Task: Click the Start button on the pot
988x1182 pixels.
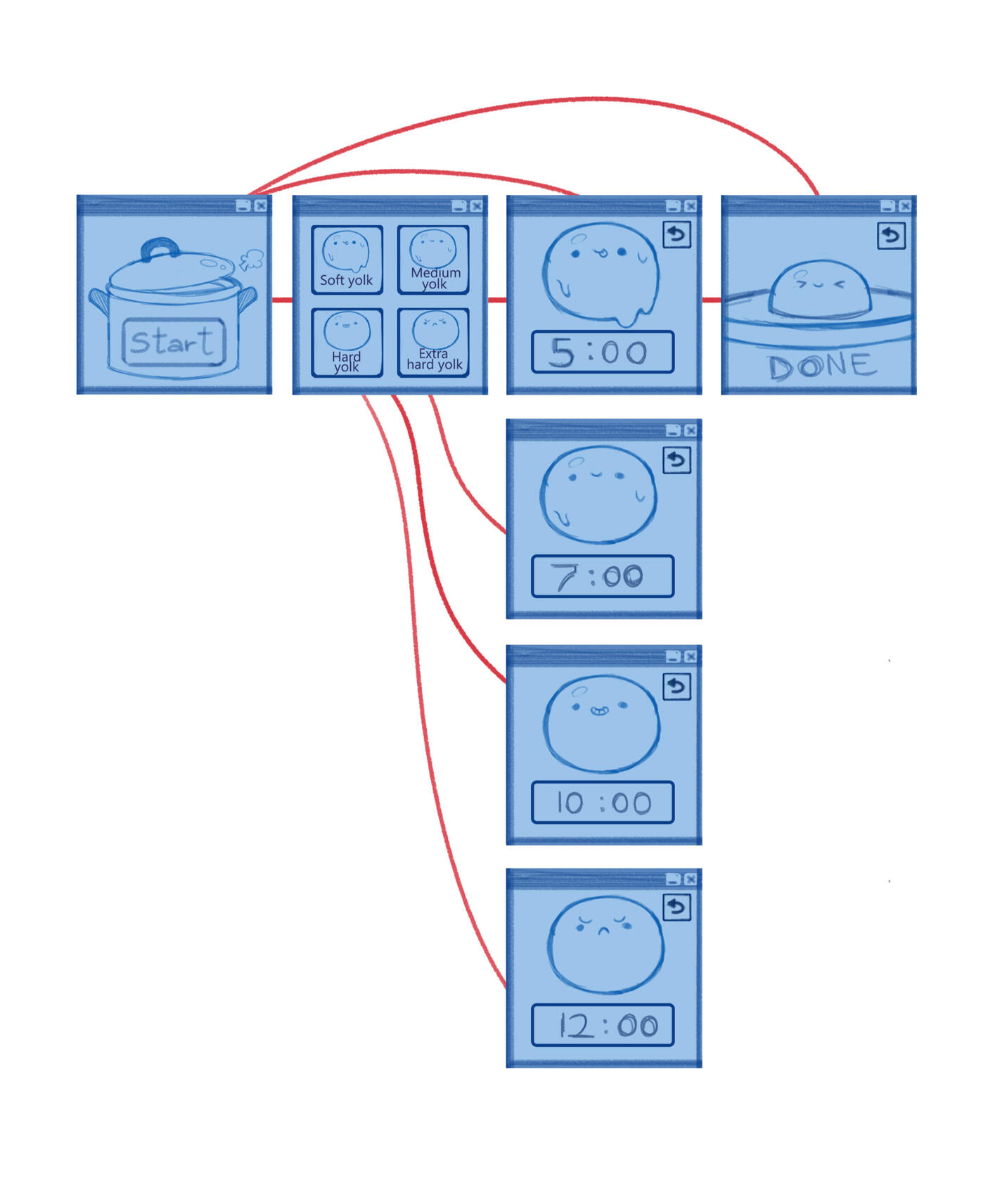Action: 174,342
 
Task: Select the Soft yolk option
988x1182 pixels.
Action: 347,260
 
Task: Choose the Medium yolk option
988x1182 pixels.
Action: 433,260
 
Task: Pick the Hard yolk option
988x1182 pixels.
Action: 347,343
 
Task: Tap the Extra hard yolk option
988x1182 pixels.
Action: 433,343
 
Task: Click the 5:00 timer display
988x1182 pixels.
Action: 602,352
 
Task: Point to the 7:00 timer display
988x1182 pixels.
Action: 602,576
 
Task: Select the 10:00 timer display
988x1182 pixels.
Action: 602,802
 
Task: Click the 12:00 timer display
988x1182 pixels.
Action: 602,1025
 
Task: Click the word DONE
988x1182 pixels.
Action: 821,366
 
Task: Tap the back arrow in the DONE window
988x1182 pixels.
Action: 891,235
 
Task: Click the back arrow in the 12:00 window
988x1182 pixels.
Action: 676,907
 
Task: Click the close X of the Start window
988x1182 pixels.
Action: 261,205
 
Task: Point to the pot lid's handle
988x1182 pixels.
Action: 160,248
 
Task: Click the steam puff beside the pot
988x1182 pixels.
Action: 251,260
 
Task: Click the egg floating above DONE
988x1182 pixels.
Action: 819,288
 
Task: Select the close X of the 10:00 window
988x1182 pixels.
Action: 691,656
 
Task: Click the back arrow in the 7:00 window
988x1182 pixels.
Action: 676,461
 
